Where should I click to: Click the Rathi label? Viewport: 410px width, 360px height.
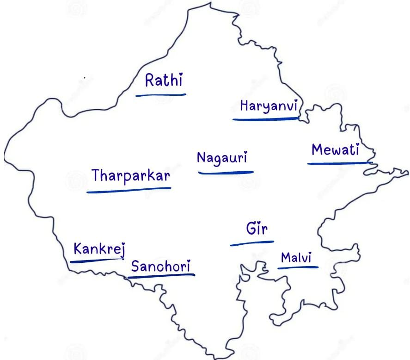pyautogui.click(x=164, y=81)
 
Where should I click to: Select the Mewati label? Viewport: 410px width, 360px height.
pyautogui.click(x=335, y=150)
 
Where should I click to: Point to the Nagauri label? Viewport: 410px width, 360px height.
pyautogui.click(x=222, y=158)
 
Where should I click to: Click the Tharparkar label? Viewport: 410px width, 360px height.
pyautogui.click(x=131, y=176)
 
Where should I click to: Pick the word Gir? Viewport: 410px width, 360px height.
pyautogui.click(x=257, y=229)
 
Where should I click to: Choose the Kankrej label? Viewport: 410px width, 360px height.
pyautogui.click(x=99, y=249)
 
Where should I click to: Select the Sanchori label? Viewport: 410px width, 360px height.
pyautogui.click(x=160, y=266)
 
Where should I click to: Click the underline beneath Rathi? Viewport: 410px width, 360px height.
pyautogui.click(x=160, y=95)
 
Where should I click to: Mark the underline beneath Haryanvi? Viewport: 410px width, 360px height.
pyautogui.click(x=265, y=119)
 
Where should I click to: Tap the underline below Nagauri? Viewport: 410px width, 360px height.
pyautogui.click(x=226, y=173)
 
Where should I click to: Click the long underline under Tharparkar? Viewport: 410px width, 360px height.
pyautogui.click(x=129, y=190)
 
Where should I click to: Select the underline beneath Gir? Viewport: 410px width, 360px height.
pyautogui.click(x=252, y=242)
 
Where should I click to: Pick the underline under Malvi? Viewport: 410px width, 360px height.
pyautogui.click(x=298, y=267)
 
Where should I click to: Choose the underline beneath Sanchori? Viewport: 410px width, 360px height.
pyautogui.click(x=161, y=276)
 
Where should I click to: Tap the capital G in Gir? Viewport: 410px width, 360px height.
pyautogui.click(x=251, y=228)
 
